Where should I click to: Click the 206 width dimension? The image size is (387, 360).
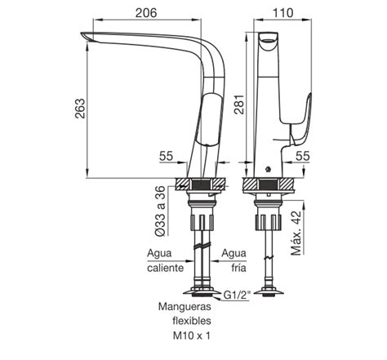pos(146,13)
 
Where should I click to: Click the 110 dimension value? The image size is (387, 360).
pos(282,13)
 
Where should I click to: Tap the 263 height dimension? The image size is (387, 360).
pos(80,109)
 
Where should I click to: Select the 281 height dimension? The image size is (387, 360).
pos(239,104)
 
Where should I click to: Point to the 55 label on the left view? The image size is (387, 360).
pos(166,156)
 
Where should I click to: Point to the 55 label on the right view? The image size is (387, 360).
pos(303,156)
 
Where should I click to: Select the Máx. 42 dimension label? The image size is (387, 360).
pos(296,233)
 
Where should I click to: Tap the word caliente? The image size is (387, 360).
pos(166,268)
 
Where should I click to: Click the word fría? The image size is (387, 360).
pos(238,268)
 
